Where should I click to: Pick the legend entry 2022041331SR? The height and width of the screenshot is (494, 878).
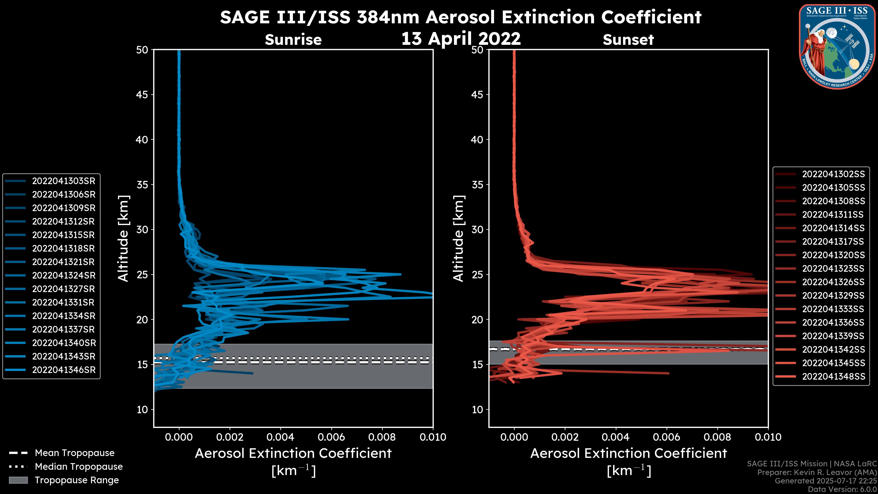point(63,302)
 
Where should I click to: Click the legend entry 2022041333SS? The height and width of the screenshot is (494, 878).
point(833,309)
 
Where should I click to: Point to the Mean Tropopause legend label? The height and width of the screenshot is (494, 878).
point(75,453)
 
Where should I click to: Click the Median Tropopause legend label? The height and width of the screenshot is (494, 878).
point(79,466)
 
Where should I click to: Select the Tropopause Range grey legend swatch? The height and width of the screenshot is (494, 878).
point(18,480)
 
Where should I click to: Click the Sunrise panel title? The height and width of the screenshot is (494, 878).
point(293,40)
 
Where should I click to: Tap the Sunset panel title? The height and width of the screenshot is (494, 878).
point(628,40)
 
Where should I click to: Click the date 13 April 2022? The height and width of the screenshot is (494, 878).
point(461,38)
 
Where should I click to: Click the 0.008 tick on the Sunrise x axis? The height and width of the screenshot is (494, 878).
point(382,437)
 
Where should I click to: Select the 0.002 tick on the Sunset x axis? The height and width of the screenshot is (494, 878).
point(565,437)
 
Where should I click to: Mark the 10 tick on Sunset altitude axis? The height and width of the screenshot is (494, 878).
point(477,409)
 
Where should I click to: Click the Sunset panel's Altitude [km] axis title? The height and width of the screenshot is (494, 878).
point(458,239)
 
